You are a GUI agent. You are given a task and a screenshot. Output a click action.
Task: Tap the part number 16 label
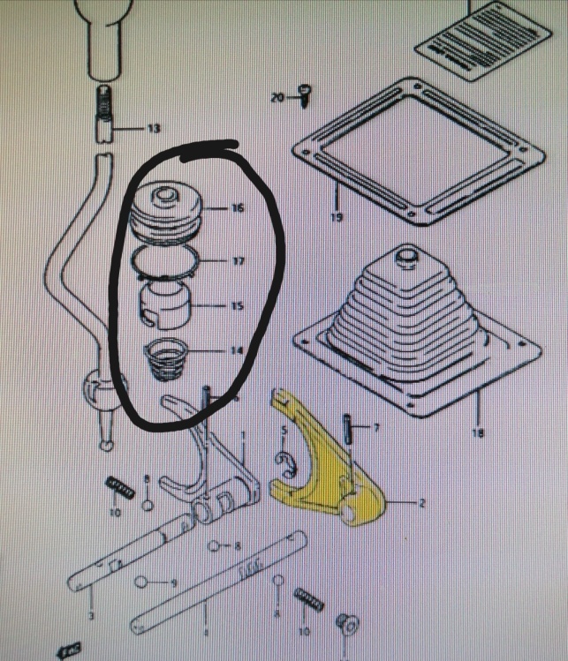click(237, 209)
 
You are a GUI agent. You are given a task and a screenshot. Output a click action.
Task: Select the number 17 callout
click(237, 261)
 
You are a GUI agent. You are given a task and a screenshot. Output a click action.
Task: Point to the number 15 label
click(237, 307)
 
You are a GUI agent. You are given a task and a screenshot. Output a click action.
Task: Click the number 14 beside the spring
click(236, 350)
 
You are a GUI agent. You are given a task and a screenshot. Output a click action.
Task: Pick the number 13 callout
click(154, 129)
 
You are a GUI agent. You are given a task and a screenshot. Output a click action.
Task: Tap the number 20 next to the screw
click(277, 97)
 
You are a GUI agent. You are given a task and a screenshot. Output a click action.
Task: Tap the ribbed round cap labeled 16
click(167, 212)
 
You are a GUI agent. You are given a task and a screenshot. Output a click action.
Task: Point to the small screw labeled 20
click(304, 94)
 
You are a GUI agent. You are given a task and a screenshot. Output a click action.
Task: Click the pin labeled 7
click(351, 432)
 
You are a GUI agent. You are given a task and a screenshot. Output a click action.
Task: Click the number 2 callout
click(421, 504)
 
